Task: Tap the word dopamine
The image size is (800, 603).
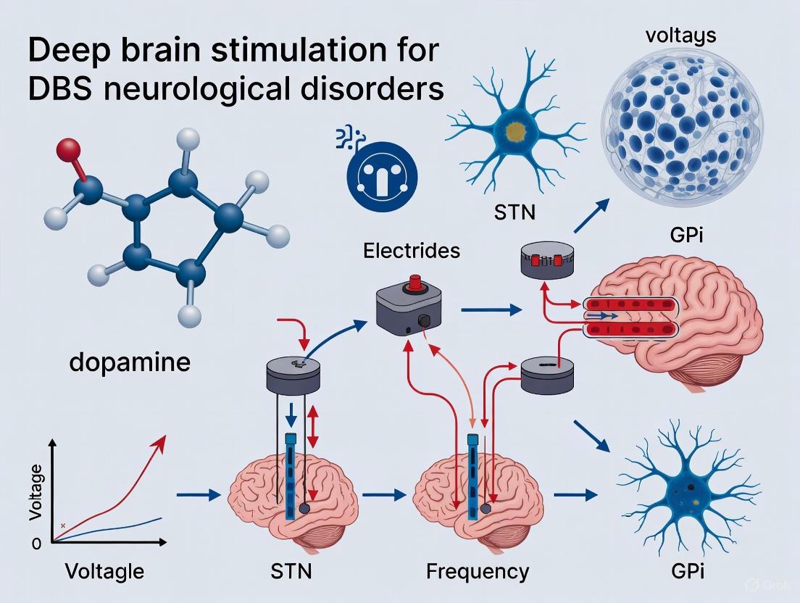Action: coord(130,361)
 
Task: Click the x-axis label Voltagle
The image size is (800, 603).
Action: coord(104,570)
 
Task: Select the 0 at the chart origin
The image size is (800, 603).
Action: coord(36,545)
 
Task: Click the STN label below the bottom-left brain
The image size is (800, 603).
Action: coord(289,570)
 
